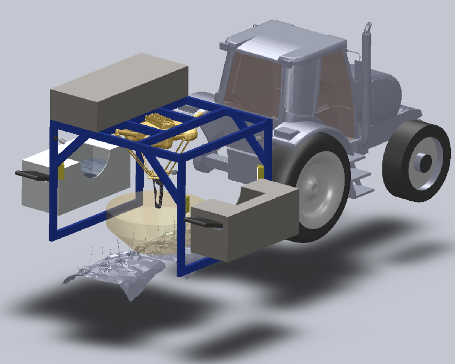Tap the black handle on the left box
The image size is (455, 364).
32,176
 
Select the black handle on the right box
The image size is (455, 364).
203,222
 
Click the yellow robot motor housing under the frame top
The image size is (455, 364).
161,124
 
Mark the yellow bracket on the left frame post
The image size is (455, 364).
61,172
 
